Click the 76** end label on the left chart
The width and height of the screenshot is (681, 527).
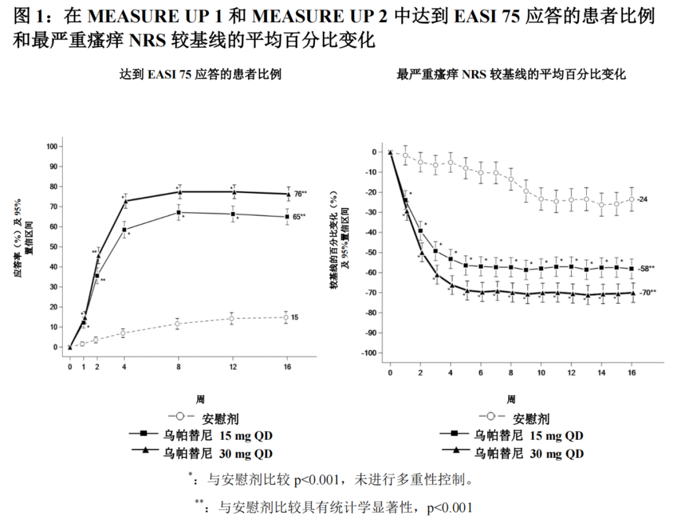[x=300, y=194]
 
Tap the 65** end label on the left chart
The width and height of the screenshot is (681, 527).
[x=300, y=216]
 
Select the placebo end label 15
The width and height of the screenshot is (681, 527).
[x=295, y=317]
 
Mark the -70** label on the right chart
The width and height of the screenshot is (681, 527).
[x=648, y=293]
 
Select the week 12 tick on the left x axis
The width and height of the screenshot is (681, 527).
[x=233, y=367]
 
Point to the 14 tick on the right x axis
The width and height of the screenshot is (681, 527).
[x=602, y=373]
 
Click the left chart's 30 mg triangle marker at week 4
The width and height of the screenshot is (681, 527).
[x=125, y=201]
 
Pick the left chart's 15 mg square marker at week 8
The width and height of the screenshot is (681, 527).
[x=178, y=213]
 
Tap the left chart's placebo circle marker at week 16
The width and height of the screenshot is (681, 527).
[x=286, y=317]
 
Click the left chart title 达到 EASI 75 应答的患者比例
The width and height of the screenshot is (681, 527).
[x=201, y=75]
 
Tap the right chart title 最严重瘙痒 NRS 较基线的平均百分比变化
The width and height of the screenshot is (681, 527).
[x=511, y=75]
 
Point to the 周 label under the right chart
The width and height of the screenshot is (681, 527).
[x=511, y=400]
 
